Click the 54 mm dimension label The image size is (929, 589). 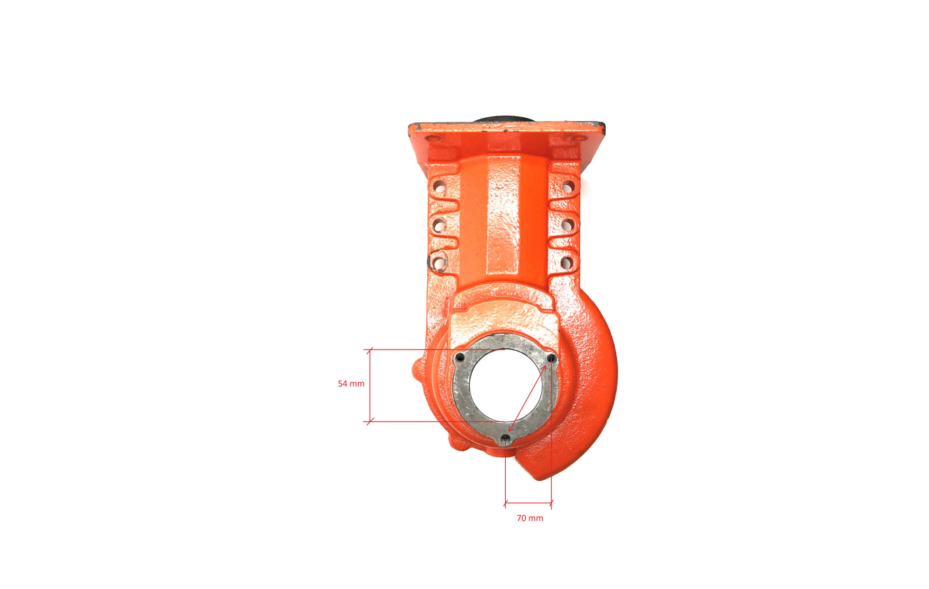point(351,384)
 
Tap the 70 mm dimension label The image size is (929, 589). point(530,518)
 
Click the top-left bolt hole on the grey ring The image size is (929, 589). point(460,357)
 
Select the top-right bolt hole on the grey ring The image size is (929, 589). point(552,358)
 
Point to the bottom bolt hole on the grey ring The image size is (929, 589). point(505,438)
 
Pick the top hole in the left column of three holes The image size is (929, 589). point(439,187)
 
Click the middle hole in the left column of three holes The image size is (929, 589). point(439,225)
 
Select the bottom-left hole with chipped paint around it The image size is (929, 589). point(438,262)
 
